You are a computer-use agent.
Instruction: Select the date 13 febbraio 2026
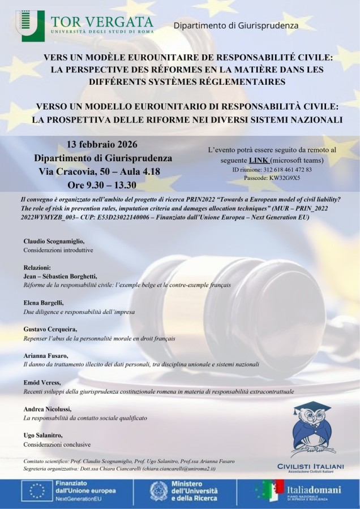click(102, 144)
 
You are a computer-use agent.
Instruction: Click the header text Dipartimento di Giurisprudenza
click(235, 25)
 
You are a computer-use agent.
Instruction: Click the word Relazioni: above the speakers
click(37, 268)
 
